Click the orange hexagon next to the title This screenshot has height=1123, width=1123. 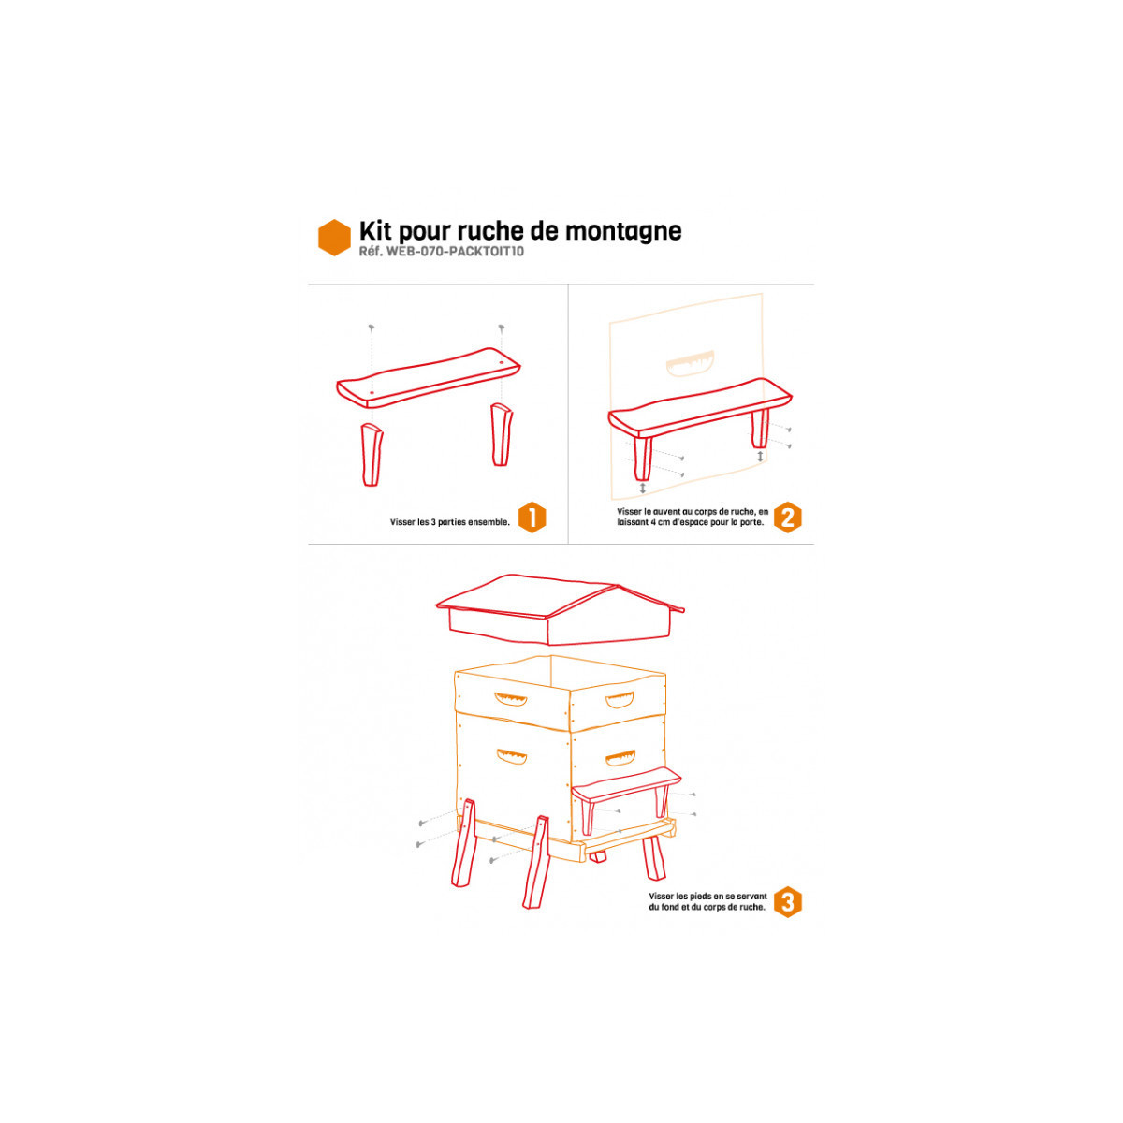click(334, 237)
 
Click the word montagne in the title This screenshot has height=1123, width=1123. click(623, 232)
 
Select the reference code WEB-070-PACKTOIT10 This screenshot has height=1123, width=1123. click(455, 251)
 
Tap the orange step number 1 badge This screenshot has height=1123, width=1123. click(532, 517)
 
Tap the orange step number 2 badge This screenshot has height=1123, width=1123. click(787, 517)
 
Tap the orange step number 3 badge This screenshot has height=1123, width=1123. click(787, 901)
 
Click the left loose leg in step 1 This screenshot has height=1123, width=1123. click(372, 455)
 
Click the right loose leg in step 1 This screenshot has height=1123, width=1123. click(502, 434)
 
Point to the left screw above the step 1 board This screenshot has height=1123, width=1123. click(372, 328)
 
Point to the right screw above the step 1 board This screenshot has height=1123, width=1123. click(502, 328)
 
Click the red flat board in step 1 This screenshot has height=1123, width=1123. click(429, 378)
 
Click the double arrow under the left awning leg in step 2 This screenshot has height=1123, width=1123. click(642, 488)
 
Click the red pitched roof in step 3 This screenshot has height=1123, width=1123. click(560, 609)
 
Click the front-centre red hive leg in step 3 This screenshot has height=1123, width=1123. click(537, 862)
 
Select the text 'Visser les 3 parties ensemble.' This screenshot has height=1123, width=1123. click(450, 522)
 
